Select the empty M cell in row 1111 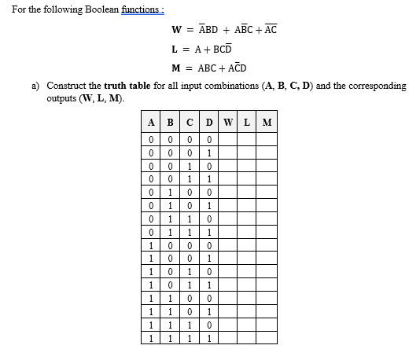[267, 339]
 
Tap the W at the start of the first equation [176, 31]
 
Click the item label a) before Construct [35, 86]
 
